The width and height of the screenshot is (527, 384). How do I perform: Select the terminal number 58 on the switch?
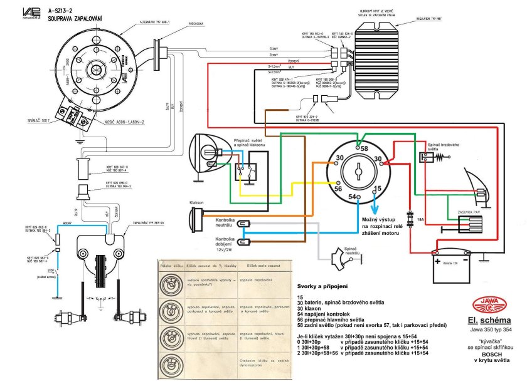pos(364,148)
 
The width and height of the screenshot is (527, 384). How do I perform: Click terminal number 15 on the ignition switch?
pos(377,189)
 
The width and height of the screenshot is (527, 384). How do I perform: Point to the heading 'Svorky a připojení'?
pos(327,285)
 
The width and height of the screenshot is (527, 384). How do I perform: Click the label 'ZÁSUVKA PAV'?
pos(469,212)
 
